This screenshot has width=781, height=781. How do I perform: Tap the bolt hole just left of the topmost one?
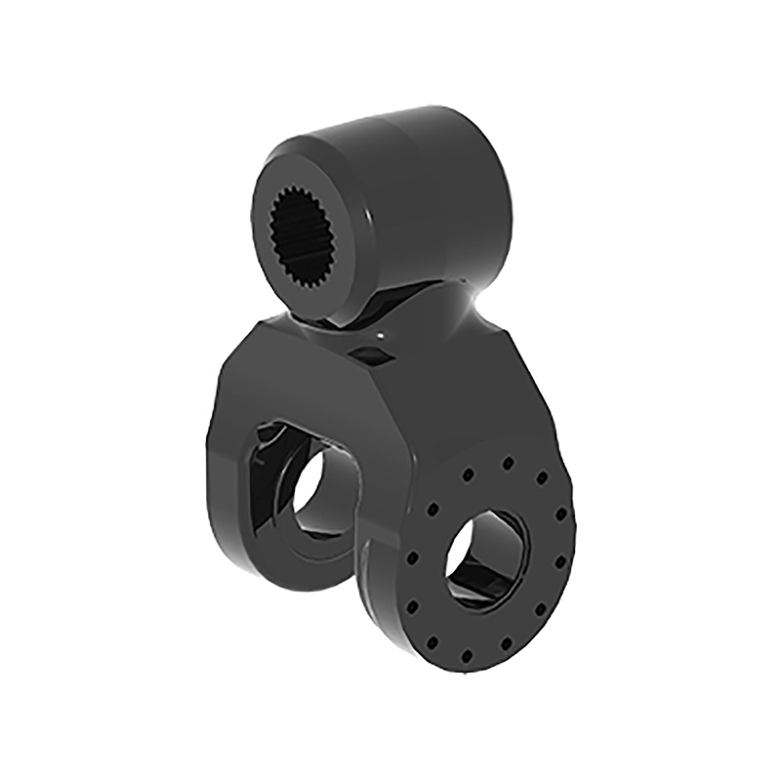(467, 474)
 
